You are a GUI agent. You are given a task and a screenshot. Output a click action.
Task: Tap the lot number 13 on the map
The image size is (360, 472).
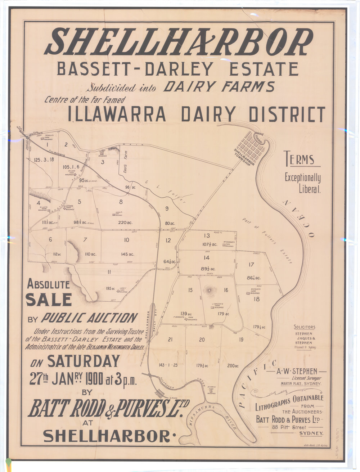point(206,236)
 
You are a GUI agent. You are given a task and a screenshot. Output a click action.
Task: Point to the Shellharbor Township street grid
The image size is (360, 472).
point(253,147)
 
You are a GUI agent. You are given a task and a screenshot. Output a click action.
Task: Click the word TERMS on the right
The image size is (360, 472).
point(299,159)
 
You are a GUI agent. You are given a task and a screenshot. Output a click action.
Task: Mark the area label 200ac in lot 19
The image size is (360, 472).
point(233,366)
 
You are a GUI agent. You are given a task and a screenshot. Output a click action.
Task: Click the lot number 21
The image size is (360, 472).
point(170,340)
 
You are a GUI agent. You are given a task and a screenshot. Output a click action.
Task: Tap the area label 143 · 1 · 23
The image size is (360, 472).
point(168,365)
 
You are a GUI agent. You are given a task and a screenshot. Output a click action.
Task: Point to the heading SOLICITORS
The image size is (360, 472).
point(305,327)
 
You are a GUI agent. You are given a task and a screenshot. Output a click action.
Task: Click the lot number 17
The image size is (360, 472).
point(251,265)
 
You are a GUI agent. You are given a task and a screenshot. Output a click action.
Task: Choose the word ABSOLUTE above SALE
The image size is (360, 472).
point(49,284)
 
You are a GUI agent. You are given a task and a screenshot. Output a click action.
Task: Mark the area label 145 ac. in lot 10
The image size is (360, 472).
point(127,254)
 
